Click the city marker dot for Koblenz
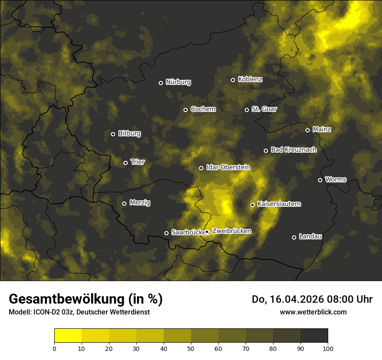coord(233,80)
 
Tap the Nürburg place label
coord(178,82)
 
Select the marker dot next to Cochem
coord(185,110)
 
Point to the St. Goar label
coord(264,109)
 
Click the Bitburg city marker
coord(113,134)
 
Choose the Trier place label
coord(138,162)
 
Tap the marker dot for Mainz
coord(307,130)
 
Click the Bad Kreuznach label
coord(293,150)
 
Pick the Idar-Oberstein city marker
coord(201,168)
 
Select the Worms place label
coord(336,179)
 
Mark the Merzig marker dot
coord(124,203)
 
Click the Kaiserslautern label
coord(279,204)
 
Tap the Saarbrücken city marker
coord(166,233)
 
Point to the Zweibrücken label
coord(231,231)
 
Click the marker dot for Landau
coord(294,237)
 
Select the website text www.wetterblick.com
coord(313,312)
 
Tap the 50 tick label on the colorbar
coord(191,348)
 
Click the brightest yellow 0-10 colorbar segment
coord(68,336)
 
